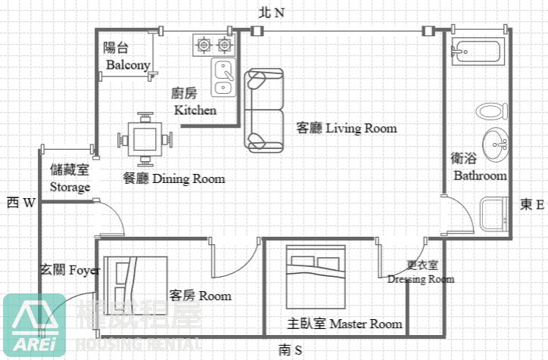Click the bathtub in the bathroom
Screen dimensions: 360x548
click(477, 54)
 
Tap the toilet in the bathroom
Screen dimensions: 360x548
click(491, 112)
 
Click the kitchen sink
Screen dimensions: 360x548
click(223, 77)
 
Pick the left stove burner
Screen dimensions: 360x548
click(204, 45)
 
